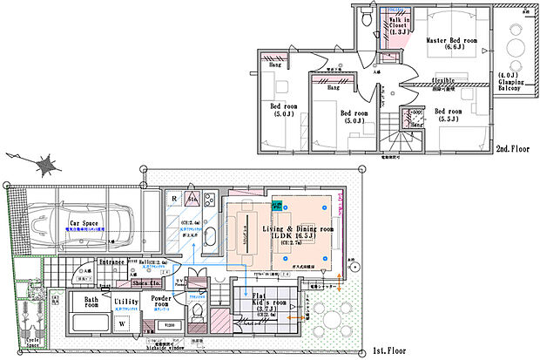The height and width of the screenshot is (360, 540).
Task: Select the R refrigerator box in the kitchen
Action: tap(174, 199)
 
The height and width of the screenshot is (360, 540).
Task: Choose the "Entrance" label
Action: tap(111, 261)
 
